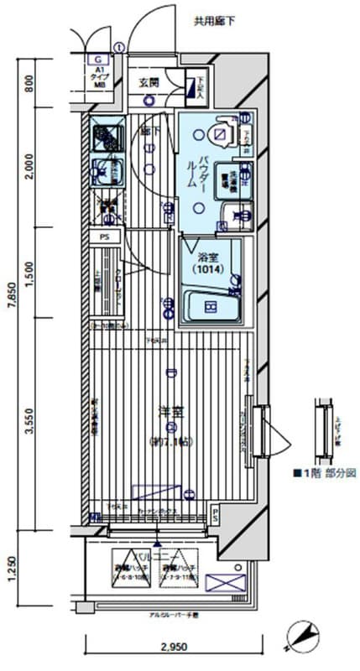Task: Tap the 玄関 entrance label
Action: [149, 82]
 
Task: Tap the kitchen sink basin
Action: [107, 171]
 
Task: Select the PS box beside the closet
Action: [104, 237]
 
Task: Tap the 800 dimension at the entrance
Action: [29, 85]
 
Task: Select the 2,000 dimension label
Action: [29, 168]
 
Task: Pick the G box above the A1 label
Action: [99, 60]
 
